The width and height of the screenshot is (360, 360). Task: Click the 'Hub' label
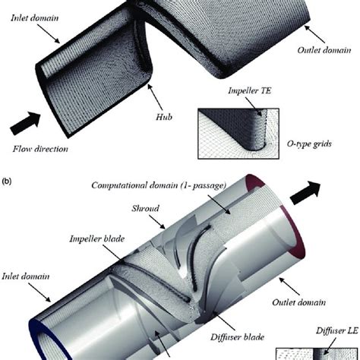tap(164, 117)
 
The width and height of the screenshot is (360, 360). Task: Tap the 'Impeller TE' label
tap(249, 90)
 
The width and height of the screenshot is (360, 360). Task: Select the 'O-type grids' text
tap(309, 144)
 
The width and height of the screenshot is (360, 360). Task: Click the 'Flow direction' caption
tap(40, 149)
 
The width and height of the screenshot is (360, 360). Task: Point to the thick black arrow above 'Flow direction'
tap(25, 123)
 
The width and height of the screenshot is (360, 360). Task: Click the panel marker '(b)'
tap(7, 182)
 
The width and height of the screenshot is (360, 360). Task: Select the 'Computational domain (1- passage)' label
tap(159, 185)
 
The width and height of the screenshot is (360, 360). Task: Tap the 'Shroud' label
tap(145, 208)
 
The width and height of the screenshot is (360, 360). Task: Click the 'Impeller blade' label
tap(97, 238)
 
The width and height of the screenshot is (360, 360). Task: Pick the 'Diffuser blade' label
tap(237, 337)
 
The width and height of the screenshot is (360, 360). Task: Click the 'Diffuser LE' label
tap(337, 330)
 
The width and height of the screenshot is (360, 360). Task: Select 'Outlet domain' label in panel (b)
tap(298, 302)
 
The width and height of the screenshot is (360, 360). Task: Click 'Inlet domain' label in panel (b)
tap(26, 276)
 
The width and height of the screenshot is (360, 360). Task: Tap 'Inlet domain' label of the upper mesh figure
tap(35, 18)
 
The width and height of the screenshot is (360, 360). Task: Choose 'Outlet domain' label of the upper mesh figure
tap(324, 50)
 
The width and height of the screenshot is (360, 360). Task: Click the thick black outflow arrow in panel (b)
tap(305, 193)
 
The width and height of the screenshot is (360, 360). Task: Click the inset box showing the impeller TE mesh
tap(238, 134)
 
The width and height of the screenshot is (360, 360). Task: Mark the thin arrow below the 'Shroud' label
tap(157, 222)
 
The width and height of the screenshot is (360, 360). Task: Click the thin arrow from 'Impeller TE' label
tap(254, 106)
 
